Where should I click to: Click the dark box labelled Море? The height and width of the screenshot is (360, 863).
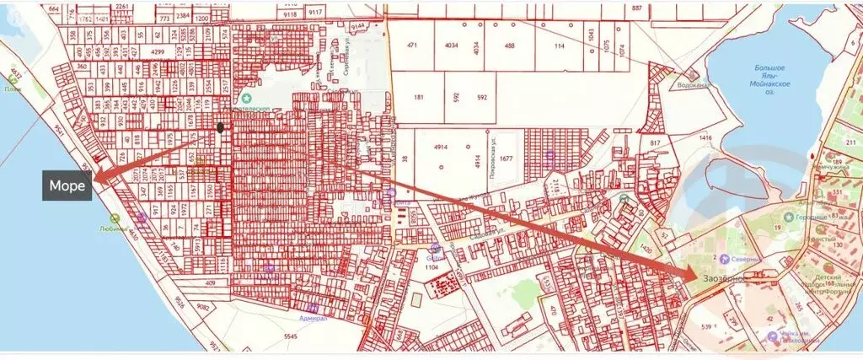coord(67,186)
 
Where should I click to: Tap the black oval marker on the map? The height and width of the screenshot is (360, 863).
coord(221,128)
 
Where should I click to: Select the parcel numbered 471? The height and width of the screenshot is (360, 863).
coord(412,46)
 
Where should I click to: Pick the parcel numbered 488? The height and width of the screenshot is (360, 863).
coord(510,46)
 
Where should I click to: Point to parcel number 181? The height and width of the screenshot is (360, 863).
coord(420,98)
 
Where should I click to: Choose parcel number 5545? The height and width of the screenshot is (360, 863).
coord(292,337)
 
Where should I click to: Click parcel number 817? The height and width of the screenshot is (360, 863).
coord(656,143)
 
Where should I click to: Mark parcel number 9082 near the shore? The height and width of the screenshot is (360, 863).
coord(180,305)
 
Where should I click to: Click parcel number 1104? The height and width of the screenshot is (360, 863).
coord(432,266)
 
